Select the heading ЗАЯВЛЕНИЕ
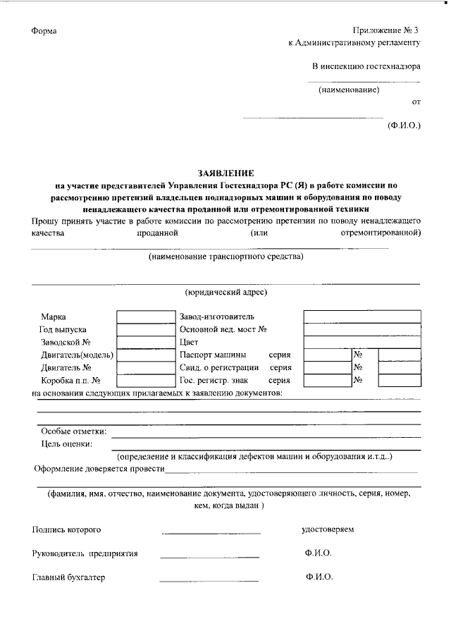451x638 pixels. pyautogui.click(x=225, y=173)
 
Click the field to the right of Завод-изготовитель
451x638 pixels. pyautogui.click(x=362, y=317)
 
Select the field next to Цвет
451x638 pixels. pyautogui.click(x=362, y=342)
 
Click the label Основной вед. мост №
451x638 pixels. pyautogui.click(x=223, y=329)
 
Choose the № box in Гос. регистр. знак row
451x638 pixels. pyautogui.click(x=399, y=380)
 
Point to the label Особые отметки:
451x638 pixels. pyautogui.click(x=73, y=431)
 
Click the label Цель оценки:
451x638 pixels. pyautogui.click(x=67, y=443)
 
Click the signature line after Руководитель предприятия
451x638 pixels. pyautogui.click(x=209, y=556)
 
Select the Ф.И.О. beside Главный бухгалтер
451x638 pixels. pyautogui.click(x=319, y=577)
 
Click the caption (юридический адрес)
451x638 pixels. pyautogui.click(x=225, y=292)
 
